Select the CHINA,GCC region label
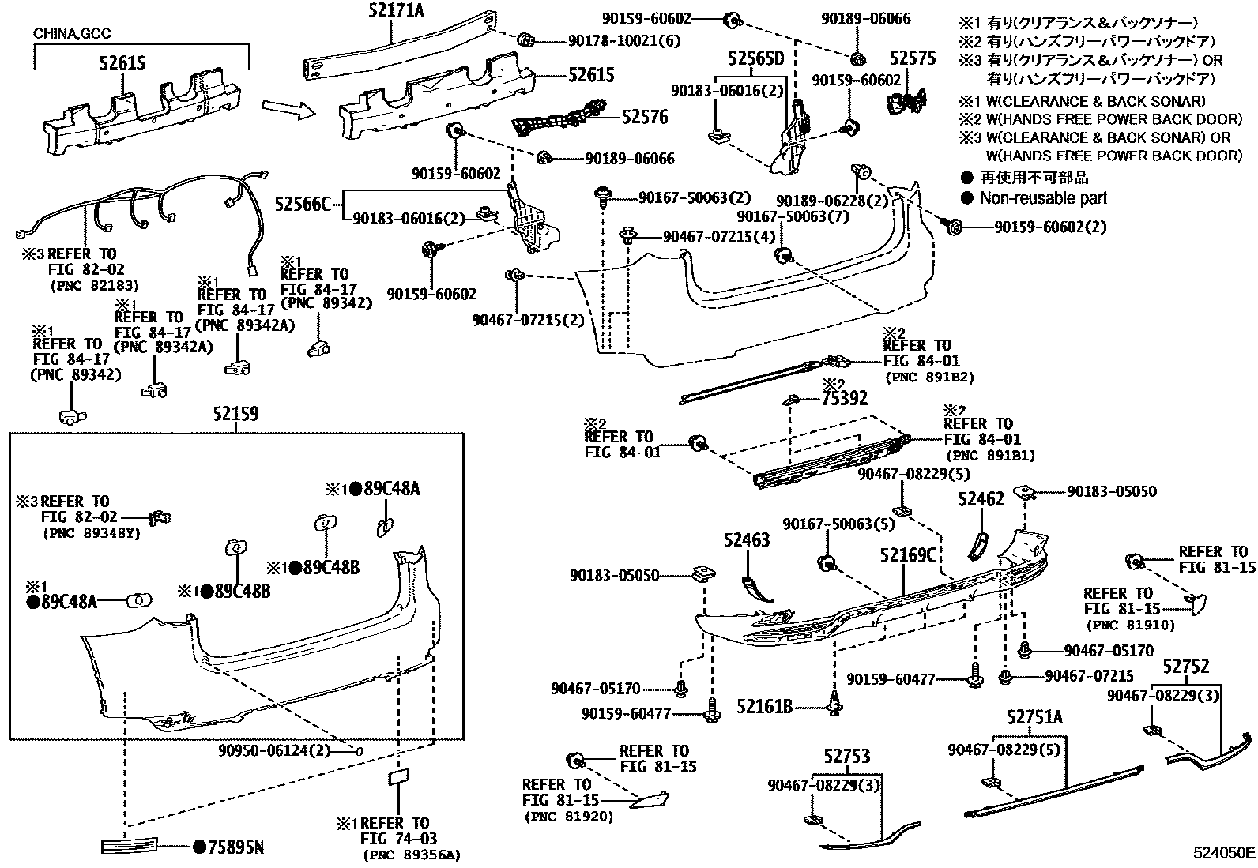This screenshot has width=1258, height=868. pyautogui.click(x=72, y=34)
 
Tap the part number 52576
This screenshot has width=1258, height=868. pyautogui.click(x=645, y=118)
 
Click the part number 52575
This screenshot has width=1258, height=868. pyautogui.click(x=913, y=58)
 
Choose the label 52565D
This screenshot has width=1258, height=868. pyautogui.click(x=755, y=58)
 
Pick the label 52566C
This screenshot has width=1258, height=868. pyautogui.click(x=303, y=204)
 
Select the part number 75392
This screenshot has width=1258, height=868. pyautogui.click(x=844, y=399)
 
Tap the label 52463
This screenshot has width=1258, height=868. pyautogui.click(x=747, y=540)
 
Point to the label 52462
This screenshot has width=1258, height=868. pyautogui.click(x=981, y=499)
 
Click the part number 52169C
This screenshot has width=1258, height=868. pyautogui.click(x=909, y=555)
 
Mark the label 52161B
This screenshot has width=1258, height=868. pyautogui.click(x=764, y=706)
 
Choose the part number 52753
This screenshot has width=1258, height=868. pyautogui.click(x=847, y=757)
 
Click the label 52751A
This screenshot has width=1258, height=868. pyautogui.click(x=1034, y=717)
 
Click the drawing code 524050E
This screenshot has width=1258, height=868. pyautogui.click(x=1223, y=853)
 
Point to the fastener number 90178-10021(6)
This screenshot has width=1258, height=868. pyautogui.click(x=623, y=40)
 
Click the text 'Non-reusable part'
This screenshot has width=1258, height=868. pyautogui.click(x=1043, y=198)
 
